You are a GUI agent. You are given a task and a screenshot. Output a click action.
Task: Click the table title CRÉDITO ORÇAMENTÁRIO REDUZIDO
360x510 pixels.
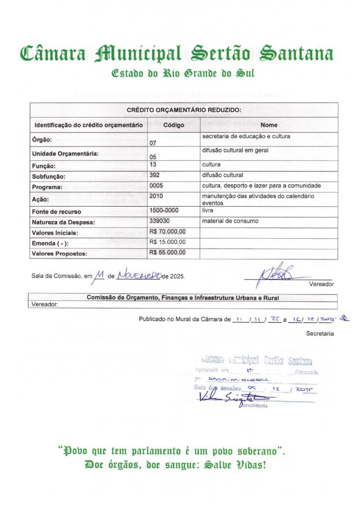(x=184, y=110)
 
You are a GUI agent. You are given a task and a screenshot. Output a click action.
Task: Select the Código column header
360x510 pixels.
(x=174, y=125)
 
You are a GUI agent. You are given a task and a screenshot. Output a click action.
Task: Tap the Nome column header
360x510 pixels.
(x=269, y=125)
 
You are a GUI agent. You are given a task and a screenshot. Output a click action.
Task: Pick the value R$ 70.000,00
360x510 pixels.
(x=167, y=232)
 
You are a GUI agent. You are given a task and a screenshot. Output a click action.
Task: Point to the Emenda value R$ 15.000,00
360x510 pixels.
(x=167, y=242)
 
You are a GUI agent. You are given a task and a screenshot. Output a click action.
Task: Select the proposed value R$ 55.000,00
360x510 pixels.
(x=167, y=253)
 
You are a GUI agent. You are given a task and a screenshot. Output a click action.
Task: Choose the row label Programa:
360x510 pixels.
(x=47, y=187)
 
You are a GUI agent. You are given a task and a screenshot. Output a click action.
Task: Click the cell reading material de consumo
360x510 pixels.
(x=230, y=221)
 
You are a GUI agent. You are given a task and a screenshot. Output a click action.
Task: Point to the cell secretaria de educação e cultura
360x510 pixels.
(x=245, y=136)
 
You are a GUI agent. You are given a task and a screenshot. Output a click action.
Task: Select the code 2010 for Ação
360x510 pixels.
(x=156, y=196)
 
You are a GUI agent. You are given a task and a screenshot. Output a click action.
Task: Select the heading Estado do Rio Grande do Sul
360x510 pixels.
(x=183, y=74)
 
